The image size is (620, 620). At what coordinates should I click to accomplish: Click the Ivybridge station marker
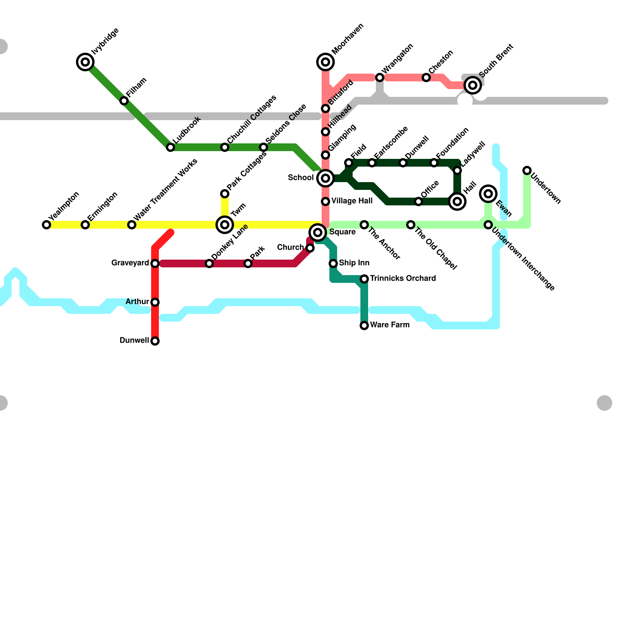pos(85,62)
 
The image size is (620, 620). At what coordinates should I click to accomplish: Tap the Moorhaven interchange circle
pos(325,62)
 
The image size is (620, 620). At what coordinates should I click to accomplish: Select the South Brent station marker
pos(473,85)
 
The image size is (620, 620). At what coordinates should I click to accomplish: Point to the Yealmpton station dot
pos(46,225)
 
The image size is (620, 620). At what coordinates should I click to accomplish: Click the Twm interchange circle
pos(225,225)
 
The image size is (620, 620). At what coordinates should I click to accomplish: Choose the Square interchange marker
pos(318,232)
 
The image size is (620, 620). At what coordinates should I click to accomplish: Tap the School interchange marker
pos(325,178)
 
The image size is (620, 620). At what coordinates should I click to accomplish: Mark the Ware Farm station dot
pos(364,325)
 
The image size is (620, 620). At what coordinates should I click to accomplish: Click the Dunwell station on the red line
pos(155,341)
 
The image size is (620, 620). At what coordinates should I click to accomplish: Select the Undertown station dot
pos(527,170)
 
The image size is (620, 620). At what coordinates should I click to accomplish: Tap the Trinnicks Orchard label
pos(403,278)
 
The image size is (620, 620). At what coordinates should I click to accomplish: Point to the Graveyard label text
pos(130,263)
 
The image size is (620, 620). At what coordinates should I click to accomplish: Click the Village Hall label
pos(352,201)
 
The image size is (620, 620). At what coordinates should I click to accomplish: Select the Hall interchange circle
pos(457,201)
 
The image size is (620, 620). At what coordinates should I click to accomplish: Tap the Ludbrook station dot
pos(170,147)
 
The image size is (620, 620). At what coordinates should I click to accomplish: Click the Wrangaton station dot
pos(380,77)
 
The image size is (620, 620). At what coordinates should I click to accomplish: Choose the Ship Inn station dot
pos(333,263)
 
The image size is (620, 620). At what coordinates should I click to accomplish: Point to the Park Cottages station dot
pos(225,194)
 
